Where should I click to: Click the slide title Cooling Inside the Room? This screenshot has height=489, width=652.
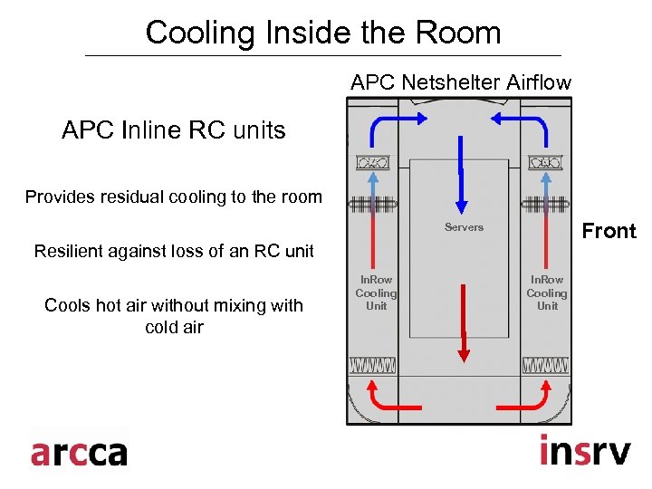[323, 33]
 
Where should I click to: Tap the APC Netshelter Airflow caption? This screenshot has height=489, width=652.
[461, 82]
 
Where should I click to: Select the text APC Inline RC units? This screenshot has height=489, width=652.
[173, 130]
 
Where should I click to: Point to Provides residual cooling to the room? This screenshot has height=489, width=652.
[174, 197]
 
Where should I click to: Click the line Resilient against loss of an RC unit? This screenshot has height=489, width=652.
[174, 251]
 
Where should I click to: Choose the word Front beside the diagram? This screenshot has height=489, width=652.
[609, 231]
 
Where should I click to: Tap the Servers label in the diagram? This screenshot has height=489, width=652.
[464, 227]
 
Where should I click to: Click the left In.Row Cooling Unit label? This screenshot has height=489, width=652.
[376, 292]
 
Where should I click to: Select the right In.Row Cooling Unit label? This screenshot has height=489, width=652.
[547, 292]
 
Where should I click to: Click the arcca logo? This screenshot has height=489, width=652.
[79, 451]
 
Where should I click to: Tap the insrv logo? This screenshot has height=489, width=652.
[584, 450]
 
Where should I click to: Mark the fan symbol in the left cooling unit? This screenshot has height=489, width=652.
[373, 163]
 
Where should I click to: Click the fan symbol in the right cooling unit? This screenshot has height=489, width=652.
[546, 163]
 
